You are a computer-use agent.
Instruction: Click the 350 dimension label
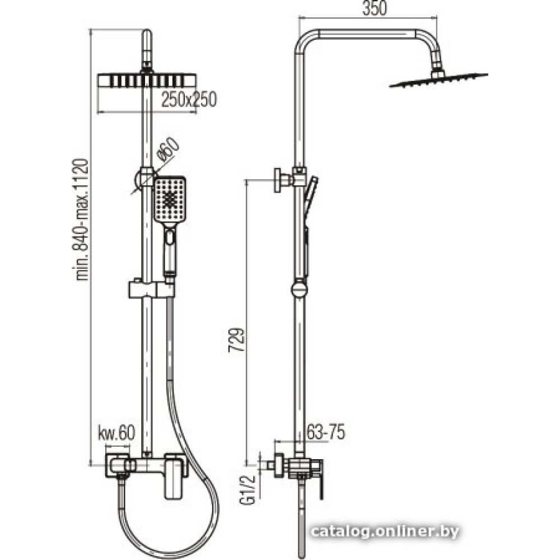(374, 8)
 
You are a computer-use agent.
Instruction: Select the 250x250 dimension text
(189, 99)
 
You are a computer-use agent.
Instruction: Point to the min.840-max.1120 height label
(82, 220)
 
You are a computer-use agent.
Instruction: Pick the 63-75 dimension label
(326, 432)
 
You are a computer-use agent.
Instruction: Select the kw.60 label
(116, 433)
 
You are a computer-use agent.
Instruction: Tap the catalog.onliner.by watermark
(385, 532)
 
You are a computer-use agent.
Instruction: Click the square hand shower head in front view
(169, 199)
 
